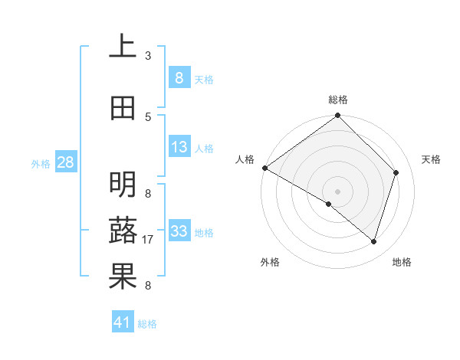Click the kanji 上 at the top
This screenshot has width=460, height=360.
click(x=123, y=47)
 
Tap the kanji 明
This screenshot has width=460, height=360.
click(x=123, y=185)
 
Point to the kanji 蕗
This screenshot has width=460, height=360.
click(x=123, y=231)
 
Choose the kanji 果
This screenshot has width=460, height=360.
click(x=123, y=277)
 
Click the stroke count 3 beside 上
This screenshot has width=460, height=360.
click(x=148, y=56)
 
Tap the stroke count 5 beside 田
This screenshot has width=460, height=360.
click(x=148, y=116)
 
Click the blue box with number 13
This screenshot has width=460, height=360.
click(x=179, y=147)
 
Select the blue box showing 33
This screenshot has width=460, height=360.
click(x=179, y=231)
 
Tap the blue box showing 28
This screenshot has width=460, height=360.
click(x=65, y=162)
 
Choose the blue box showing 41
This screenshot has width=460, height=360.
click(x=123, y=322)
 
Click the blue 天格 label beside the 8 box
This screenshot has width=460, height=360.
click(x=203, y=79)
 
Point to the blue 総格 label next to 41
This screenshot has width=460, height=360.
click(x=147, y=324)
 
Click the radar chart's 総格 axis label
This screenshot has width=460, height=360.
click(x=337, y=100)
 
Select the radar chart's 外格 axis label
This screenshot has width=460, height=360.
click(x=270, y=262)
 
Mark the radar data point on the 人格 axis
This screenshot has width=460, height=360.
click(x=264, y=168)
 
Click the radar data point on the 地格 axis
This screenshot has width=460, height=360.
click(x=374, y=241)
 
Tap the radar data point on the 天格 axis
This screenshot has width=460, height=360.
click(x=396, y=173)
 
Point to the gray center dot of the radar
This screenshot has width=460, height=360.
click(x=337, y=191)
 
